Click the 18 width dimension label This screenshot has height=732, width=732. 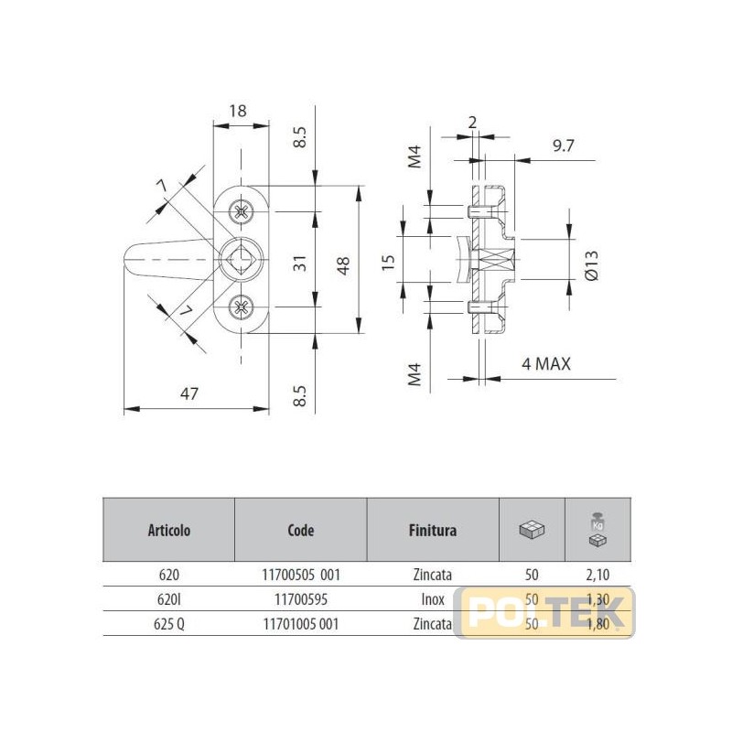pyautogui.click(x=238, y=111)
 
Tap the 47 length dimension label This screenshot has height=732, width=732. pyautogui.click(x=189, y=394)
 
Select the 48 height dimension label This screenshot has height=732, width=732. pyautogui.click(x=343, y=266)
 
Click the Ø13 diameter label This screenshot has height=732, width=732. pyautogui.click(x=591, y=265)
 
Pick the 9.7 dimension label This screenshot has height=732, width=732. pyautogui.click(x=563, y=145)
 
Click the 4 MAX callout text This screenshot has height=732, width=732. pyautogui.click(x=545, y=363)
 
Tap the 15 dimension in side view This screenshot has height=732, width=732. pyautogui.click(x=388, y=263)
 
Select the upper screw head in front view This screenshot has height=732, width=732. pyautogui.click(x=242, y=212)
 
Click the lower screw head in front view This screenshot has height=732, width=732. pyautogui.click(x=242, y=307)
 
